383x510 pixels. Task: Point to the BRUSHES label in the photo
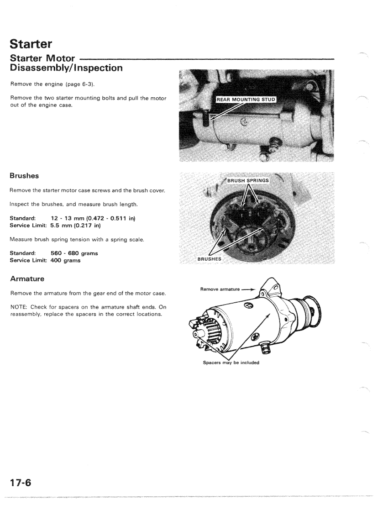click(209, 259)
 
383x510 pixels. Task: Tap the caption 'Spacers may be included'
click(231, 363)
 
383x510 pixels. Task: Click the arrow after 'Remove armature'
click(248, 289)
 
